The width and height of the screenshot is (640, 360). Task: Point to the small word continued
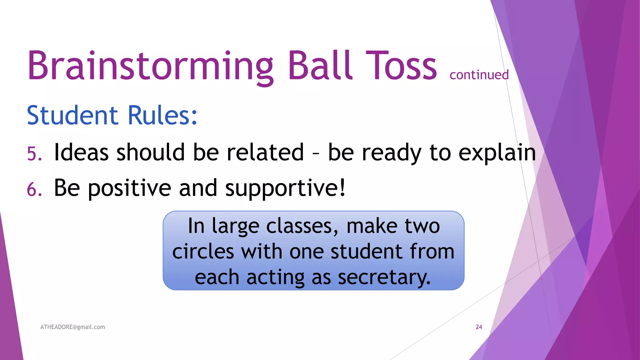tap(479, 75)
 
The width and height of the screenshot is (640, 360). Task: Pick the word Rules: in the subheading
tap(162, 115)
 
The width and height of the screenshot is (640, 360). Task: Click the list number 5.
tap(34, 154)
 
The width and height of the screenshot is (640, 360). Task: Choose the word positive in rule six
tap(129, 188)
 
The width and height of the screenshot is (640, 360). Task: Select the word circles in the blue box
tap(203, 252)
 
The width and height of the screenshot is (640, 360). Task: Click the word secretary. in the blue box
tap(384, 277)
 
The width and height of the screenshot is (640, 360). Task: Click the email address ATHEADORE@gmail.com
tap(72, 327)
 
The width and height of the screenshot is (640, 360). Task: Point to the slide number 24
tap(479, 327)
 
